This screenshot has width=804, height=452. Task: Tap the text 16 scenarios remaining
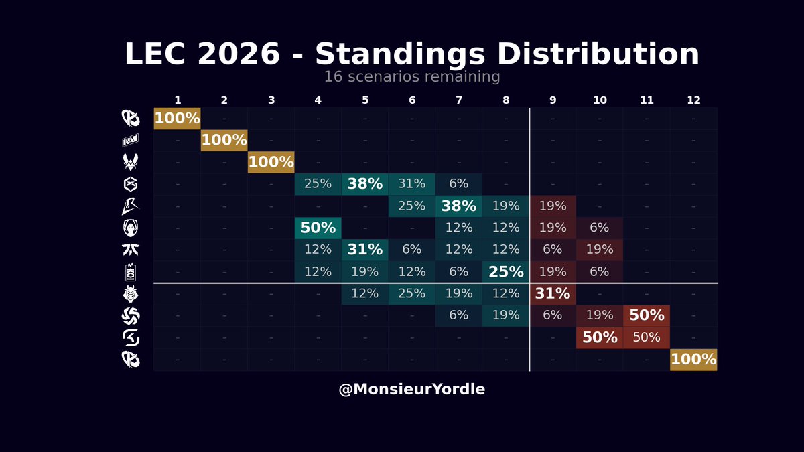point(412,77)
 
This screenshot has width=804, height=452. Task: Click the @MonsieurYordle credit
point(412,390)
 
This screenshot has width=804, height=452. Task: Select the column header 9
point(553,100)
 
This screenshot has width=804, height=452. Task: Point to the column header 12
point(693,100)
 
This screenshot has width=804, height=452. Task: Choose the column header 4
point(318,100)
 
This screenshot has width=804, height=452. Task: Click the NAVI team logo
point(130,141)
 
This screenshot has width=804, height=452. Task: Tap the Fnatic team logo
point(130,250)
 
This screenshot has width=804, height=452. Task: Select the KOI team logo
point(130,272)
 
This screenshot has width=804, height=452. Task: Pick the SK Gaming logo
point(130,337)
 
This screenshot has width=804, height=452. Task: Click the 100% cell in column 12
point(693,360)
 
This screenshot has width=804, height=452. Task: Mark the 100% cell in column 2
point(224,141)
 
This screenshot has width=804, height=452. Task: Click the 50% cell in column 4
point(318,228)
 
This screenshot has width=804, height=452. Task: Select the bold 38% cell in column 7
point(459,206)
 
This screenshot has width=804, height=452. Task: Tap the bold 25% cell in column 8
point(506,272)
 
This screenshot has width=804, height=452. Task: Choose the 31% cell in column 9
point(553,294)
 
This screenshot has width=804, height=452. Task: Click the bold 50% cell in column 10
point(600,337)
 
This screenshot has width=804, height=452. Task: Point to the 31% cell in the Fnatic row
point(364,250)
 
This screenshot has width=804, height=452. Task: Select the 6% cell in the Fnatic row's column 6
point(412,250)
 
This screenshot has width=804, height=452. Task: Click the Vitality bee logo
point(130,162)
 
